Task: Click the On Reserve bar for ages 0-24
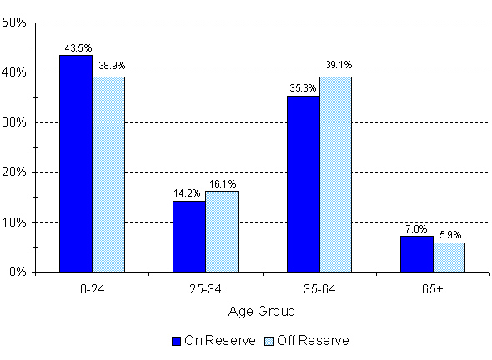(x=76, y=163)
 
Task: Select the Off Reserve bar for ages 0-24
(x=108, y=174)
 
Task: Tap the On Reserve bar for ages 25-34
(x=188, y=236)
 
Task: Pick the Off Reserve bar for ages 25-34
(x=222, y=232)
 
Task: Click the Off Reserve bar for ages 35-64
(x=336, y=174)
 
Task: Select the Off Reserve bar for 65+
(x=449, y=257)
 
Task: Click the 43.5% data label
(x=76, y=48)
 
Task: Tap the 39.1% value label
(x=336, y=68)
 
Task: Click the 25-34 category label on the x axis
(x=205, y=289)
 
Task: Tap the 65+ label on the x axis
(x=432, y=289)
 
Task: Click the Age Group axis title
(x=262, y=312)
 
